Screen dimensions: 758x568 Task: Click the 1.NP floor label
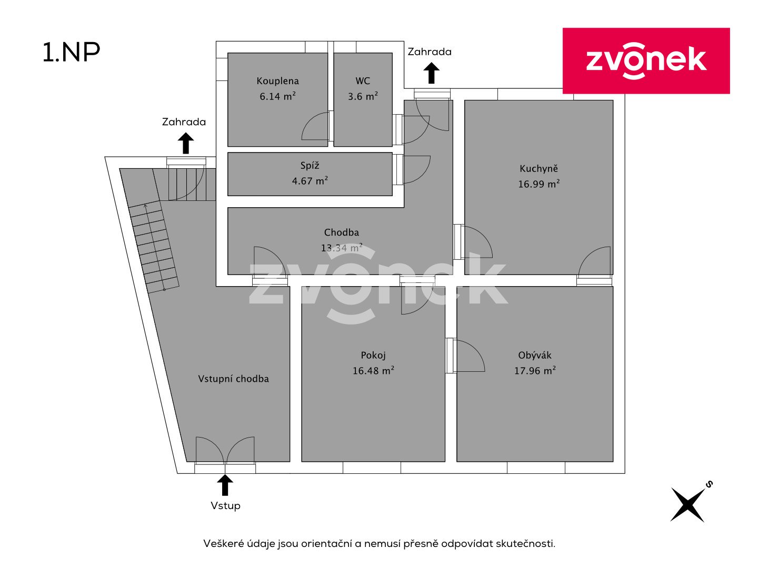point(71,53)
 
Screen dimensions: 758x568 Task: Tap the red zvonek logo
point(646,60)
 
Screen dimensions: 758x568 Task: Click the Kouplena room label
point(277,81)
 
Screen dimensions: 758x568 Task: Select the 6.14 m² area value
point(277,96)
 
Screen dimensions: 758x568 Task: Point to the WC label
point(363,81)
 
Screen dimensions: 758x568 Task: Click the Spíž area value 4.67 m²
point(310,181)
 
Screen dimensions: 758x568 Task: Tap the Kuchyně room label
point(538,168)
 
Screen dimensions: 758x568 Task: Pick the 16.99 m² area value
point(538,184)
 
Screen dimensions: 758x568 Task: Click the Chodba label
point(342,232)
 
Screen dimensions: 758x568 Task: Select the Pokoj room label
point(373,355)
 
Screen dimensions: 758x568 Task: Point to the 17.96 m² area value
point(535,371)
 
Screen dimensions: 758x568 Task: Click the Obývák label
point(535,355)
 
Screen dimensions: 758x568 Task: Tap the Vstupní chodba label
point(233,379)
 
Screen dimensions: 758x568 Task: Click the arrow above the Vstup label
point(225,485)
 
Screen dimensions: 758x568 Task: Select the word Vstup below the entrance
point(225,505)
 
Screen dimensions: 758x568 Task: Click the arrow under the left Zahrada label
point(186,143)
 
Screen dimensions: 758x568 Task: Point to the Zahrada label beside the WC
point(430,52)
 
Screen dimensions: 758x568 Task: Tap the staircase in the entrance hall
point(154,247)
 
